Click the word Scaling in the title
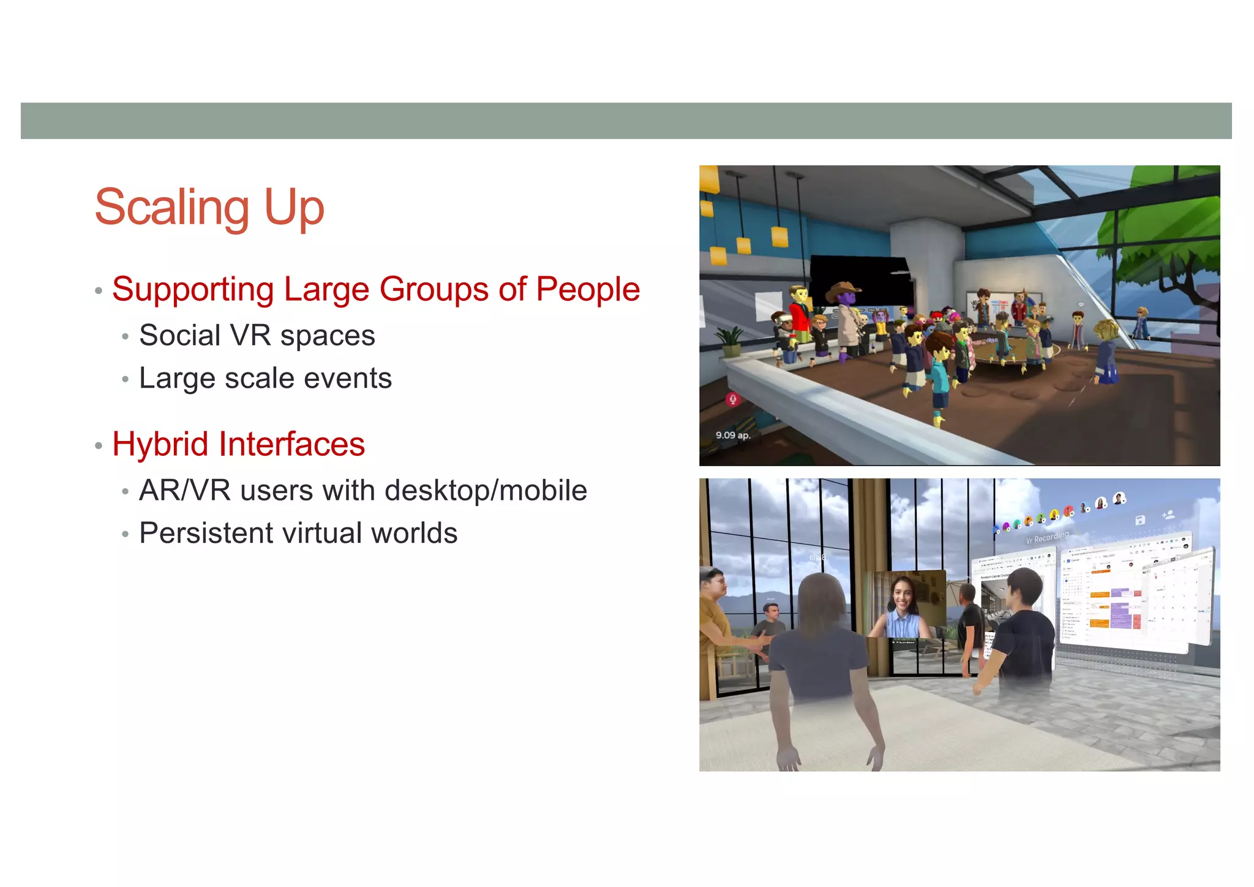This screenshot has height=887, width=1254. pyautogui.click(x=172, y=208)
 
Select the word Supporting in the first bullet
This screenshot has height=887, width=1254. pyautogui.click(x=193, y=289)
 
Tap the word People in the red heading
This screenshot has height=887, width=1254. pyautogui.click(x=588, y=289)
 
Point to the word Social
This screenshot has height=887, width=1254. pyautogui.click(x=179, y=336)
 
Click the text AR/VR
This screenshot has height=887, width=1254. pyautogui.click(x=184, y=491)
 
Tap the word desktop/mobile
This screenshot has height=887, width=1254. pyautogui.click(x=486, y=491)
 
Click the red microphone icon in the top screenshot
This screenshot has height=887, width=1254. pyautogui.click(x=732, y=400)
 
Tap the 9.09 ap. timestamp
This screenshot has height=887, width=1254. pyautogui.click(x=733, y=436)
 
